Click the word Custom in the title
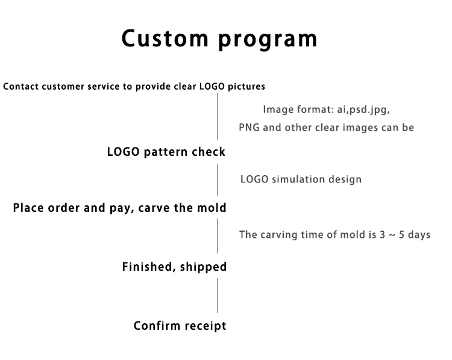coord(164,39)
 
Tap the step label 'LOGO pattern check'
coord(166,152)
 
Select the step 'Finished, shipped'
coord(174,267)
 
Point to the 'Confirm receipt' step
coord(180,326)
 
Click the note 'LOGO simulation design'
coord(301,179)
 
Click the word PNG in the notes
coord(249,128)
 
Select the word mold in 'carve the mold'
coord(212,208)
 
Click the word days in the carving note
coord(418,235)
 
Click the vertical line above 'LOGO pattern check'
coord(218,117)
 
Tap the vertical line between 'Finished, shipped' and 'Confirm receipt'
coord(218,296)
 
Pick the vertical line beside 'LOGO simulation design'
coord(218,179)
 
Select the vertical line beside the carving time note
coord(218,235)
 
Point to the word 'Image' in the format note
coord(277,110)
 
